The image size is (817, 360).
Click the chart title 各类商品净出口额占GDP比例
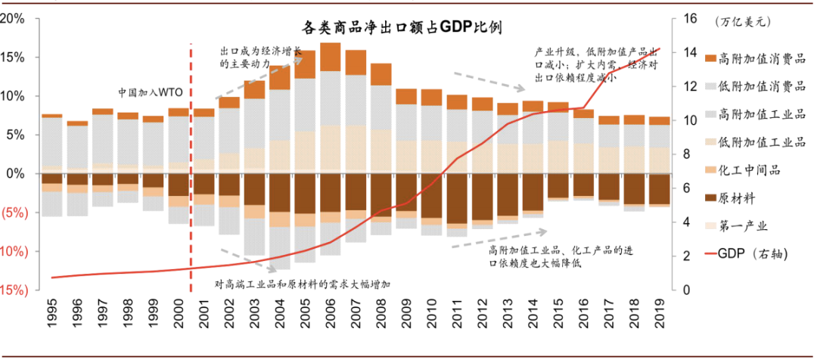tap(402, 27)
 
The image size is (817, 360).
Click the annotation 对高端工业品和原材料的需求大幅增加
tap(302, 285)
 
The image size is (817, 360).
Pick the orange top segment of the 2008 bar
tap(381, 74)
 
